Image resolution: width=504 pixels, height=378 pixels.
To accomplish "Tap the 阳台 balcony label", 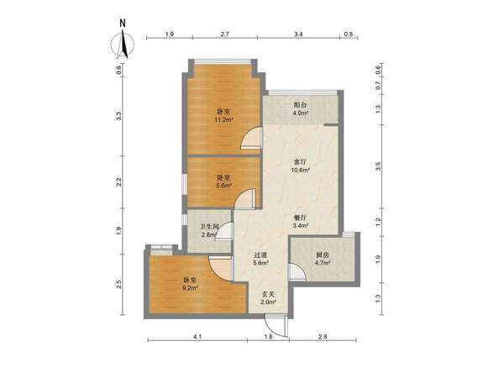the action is (301, 105).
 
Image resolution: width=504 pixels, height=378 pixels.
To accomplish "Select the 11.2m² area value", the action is (223, 120).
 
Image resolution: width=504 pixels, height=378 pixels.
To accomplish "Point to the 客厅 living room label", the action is (300, 162).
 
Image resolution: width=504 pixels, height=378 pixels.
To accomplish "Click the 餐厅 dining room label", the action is (300, 218).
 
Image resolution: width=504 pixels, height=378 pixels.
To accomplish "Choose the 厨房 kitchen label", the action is (323, 255).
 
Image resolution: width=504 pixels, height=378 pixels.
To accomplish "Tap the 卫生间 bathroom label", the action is (209, 227).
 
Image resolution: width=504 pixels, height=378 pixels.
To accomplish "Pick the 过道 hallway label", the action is (260, 255).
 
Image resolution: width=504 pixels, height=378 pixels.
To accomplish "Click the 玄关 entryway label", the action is (268, 294).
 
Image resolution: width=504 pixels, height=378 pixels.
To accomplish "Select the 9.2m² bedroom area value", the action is (190, 288).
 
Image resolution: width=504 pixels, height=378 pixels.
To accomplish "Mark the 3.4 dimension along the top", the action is (298, 34).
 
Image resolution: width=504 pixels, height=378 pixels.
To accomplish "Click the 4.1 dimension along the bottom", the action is (197, 337).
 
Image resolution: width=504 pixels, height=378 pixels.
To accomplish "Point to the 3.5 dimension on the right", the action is (378, 166).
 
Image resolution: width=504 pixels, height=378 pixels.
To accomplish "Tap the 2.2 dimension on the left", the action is (119, 182).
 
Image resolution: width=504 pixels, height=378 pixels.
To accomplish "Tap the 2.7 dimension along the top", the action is (224, 34).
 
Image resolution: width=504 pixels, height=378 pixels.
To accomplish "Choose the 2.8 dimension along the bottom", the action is (323, 337).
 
